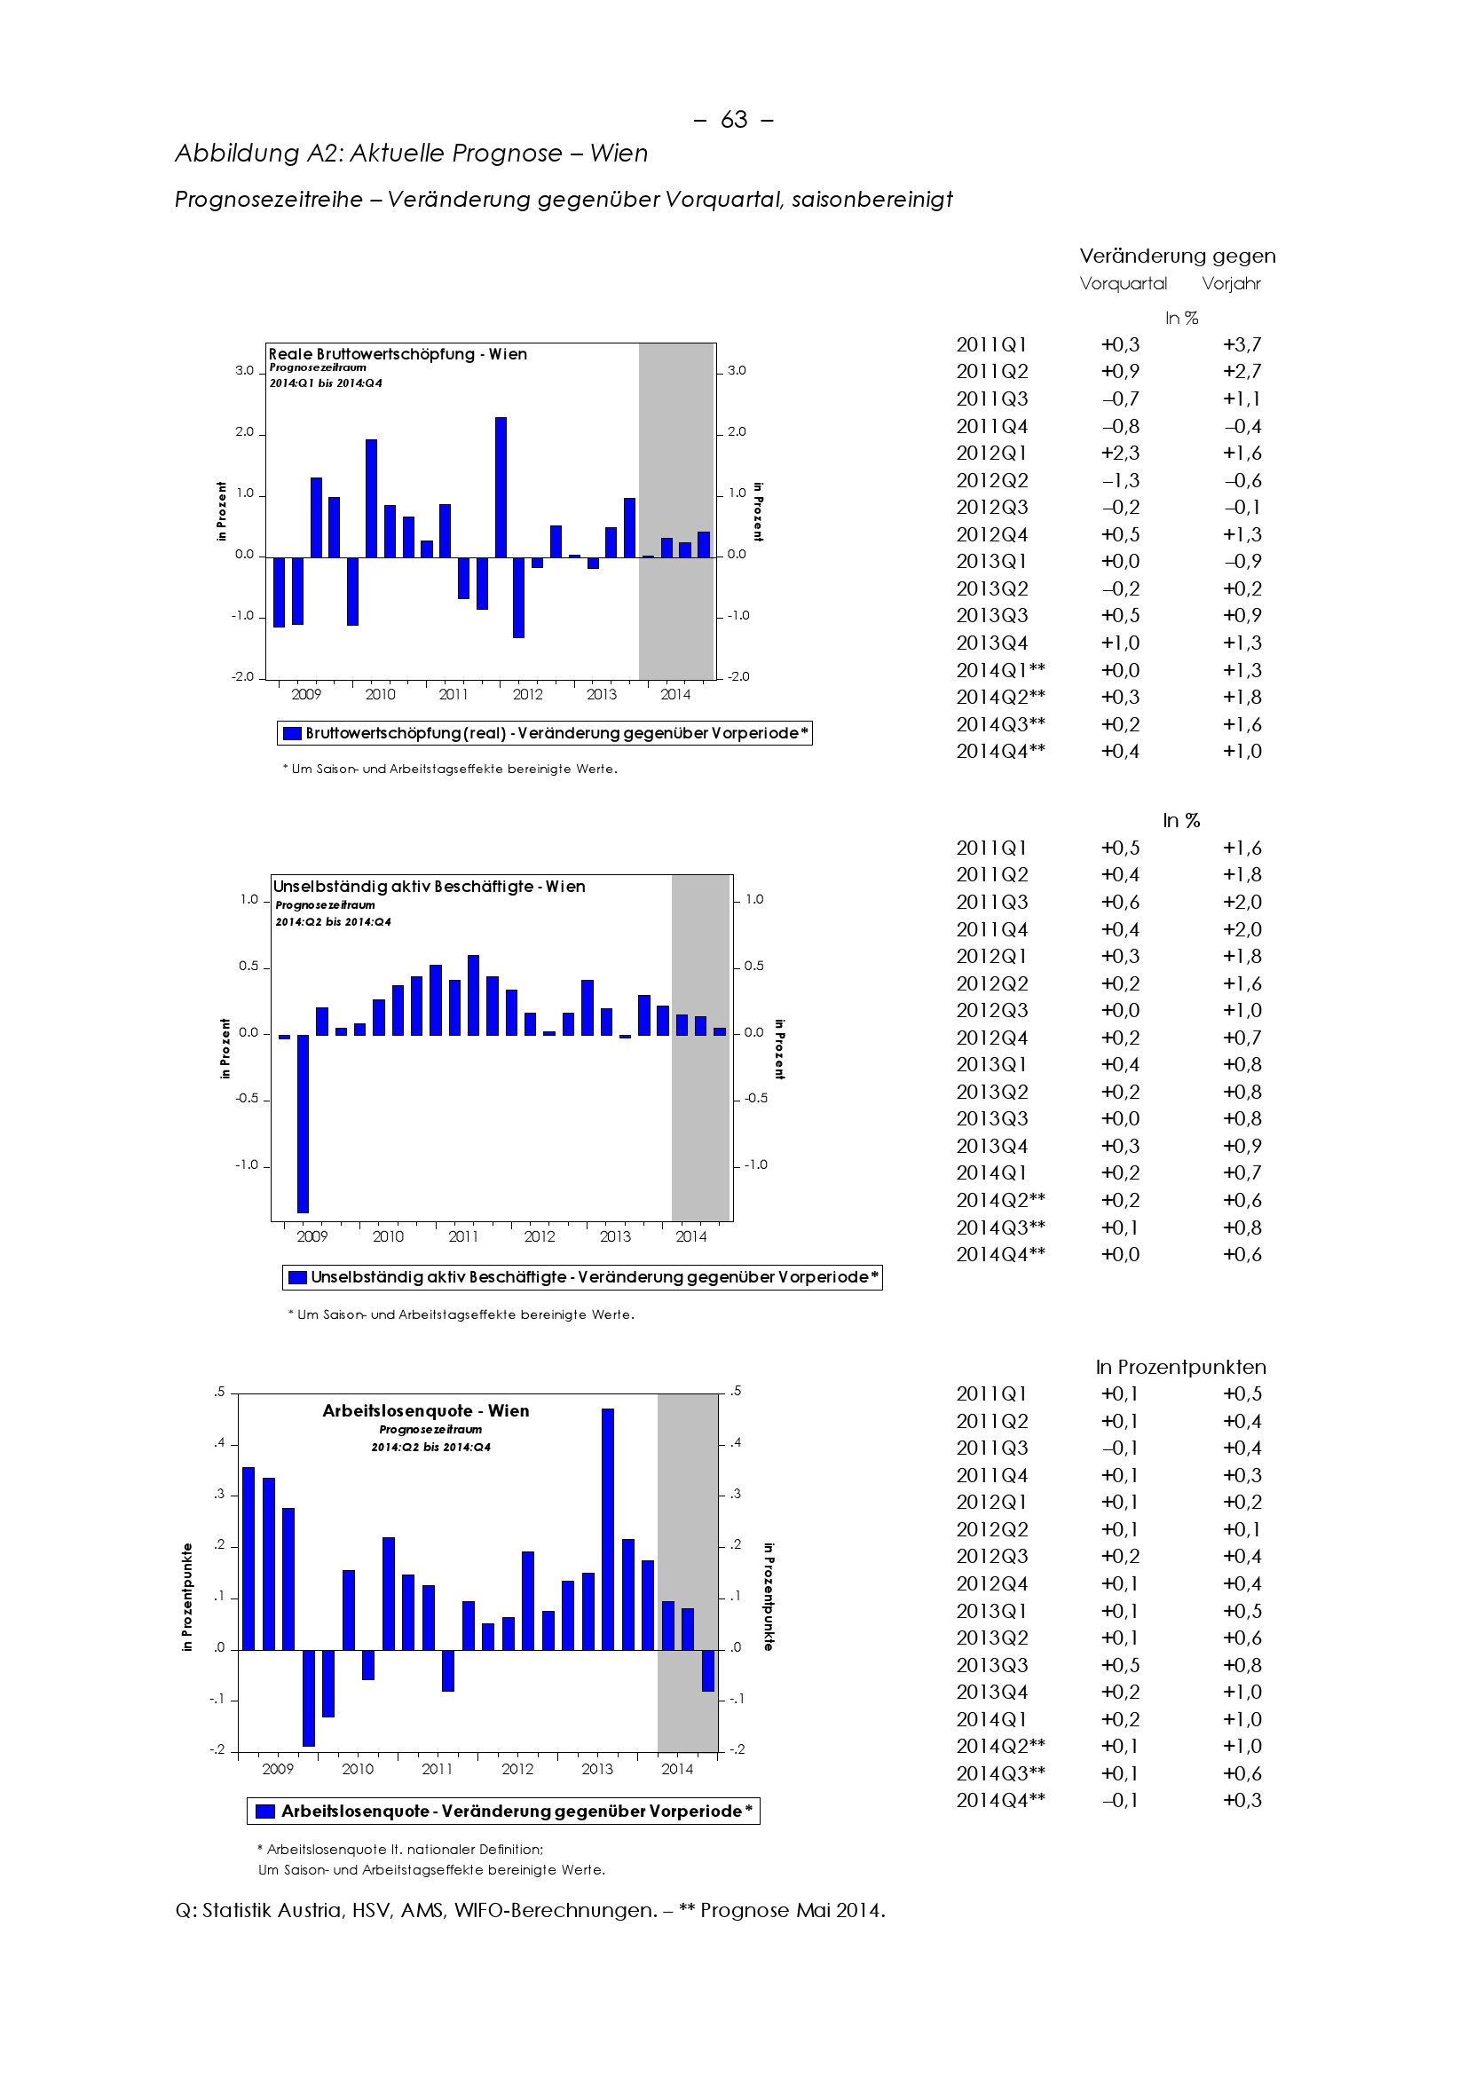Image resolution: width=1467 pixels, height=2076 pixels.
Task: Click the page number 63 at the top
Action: pyautogui.click(x=734, y=120)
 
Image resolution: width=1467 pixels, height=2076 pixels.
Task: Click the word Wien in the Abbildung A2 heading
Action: pyautogui.click(x=619, y=154)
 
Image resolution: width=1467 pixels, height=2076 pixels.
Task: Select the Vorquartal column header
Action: pyautogui.click(x=1124, y=284)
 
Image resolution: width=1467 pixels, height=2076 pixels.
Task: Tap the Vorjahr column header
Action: pyautogui.click(x=1231, y=284)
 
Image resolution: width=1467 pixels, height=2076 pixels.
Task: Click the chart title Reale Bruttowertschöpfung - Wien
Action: pyautogui.click(x=398, y=354)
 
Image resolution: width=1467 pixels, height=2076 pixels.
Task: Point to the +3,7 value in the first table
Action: pyautogui.click(x=1242, y=344)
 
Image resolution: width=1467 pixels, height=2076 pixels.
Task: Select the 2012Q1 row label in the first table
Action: pyautogui.click(x=991, y=453)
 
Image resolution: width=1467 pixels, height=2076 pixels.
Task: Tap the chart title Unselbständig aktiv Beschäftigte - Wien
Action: pyautogui.click(x=430, y=887)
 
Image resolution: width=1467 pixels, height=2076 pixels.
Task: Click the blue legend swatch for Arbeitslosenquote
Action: pyautogui.click(x=265, y=1812)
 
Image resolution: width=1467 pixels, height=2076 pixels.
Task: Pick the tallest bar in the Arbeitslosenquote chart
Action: pyautogui.click(x=607, y=1528)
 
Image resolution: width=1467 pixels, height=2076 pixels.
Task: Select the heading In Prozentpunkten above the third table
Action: pyautogui.click(x=1180, y=1367)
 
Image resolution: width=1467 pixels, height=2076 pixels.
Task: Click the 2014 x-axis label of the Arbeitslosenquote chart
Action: pyautogui.click(x=677, y=1770)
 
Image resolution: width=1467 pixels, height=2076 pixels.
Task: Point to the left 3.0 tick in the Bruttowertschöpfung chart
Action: pyautogui.click(x=245, y=371)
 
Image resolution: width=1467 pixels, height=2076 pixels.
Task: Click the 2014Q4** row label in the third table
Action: pyautogui.click(x=1000, y=1800)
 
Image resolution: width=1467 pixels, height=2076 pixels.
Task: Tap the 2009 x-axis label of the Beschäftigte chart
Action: pyautogui.click(x=312, y=1237)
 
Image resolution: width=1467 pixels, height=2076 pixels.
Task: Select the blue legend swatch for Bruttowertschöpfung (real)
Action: pyautogui.click(x=292, y=733)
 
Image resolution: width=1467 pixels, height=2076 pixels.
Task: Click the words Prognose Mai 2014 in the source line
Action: pyautogui.click(x=792, y=1911)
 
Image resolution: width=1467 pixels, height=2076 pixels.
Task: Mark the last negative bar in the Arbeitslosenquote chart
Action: pyautogui.click(x=707, y=1670)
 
